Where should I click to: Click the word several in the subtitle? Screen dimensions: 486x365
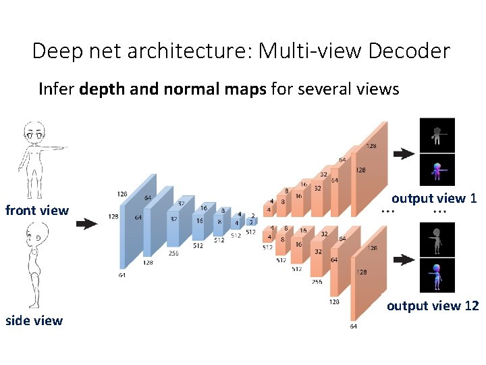[323, 89]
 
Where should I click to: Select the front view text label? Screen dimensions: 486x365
[37, 210]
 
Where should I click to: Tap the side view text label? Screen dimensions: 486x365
[34, 320]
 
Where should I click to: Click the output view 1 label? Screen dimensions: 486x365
[434, 198]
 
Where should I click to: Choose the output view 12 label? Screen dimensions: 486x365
[433, 306]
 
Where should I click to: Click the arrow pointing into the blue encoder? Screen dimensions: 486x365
[86, 224]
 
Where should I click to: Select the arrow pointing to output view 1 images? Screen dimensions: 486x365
[404, 153]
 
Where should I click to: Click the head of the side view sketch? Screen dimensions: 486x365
[34, 238]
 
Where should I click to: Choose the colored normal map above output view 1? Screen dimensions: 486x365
[437, 170]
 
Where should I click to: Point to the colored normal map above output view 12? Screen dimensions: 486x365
[437, 276]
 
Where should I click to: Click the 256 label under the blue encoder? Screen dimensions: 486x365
[173, 253]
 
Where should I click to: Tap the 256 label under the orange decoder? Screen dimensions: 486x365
[317, 283]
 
